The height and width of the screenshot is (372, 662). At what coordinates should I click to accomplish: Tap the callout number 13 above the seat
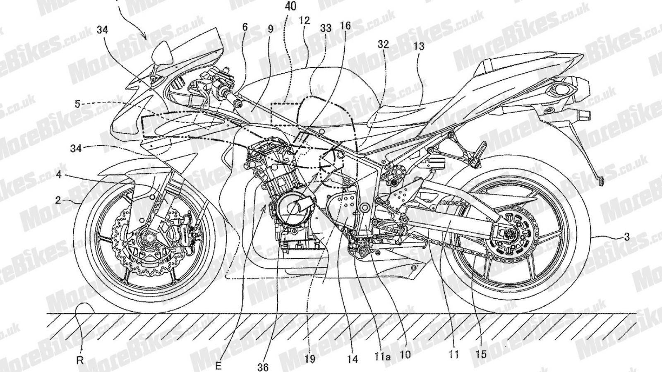(x=419, y=46)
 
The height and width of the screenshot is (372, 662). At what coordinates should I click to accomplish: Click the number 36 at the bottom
(x=263, y=367)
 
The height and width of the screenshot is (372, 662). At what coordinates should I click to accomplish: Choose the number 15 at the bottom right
(x=481, y=355)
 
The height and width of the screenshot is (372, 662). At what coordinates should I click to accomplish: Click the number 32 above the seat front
(x=383, y=44)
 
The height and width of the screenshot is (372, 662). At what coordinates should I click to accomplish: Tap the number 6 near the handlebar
(x=245, y=27)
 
